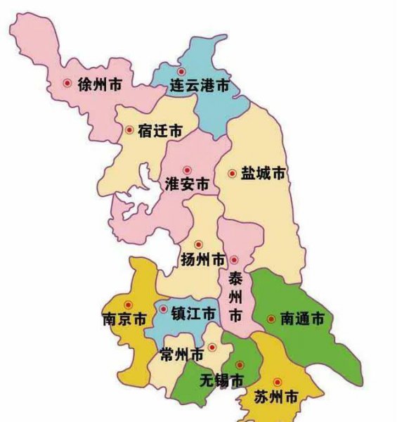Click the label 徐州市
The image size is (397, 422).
(98, 84)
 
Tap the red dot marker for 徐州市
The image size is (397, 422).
(67, 83)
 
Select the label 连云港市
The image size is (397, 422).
(200, 87)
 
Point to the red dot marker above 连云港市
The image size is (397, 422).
(181, 72)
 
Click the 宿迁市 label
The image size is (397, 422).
(160, 131)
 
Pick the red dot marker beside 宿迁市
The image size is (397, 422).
(129, 129)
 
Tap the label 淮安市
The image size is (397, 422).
(186, 184)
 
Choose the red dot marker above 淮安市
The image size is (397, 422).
(187, 170)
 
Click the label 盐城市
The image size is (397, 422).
(263, 173)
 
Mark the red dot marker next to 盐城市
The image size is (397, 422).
(233, 172)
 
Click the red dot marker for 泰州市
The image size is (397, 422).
(235, 260)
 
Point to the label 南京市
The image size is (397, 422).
(124, 319)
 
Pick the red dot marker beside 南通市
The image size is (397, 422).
(271, 319)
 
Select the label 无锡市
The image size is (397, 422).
(222, 381)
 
